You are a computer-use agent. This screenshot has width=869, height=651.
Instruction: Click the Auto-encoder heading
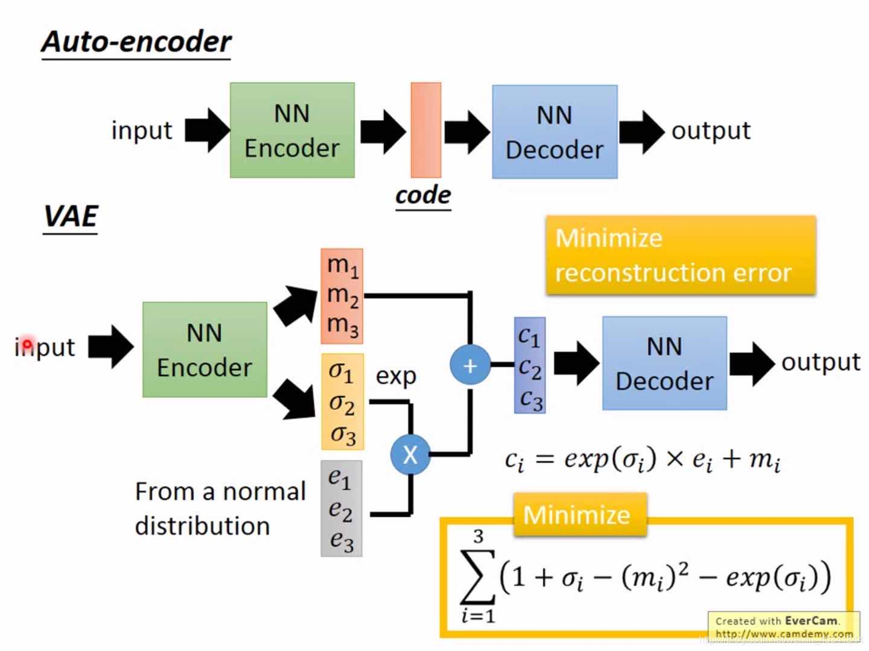[136, 42]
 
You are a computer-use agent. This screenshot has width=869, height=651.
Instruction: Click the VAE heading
[71, 216]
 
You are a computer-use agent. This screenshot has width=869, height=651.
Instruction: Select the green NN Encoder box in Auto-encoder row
[292, 130]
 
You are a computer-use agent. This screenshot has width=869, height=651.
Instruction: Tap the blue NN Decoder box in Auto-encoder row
[555, 132]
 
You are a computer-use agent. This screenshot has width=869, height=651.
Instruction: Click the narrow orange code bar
[426, 130]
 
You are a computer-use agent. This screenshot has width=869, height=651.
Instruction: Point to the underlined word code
[423, 195]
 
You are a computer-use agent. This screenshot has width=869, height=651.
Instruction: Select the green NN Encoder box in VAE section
[205, 350]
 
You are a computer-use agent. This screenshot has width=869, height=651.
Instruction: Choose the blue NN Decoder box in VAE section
[664, 363]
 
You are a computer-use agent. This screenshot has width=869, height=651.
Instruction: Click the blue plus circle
[470, 365]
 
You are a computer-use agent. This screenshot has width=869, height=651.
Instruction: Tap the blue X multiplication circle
[410, 454]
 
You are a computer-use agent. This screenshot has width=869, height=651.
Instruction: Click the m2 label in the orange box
[342, 295]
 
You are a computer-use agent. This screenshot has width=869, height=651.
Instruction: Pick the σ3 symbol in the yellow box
[343, 435]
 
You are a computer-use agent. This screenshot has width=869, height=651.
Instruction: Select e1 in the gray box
[340, 479]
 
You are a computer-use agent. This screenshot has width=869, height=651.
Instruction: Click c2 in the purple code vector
[530, 367]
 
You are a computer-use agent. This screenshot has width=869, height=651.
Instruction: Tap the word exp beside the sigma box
[396, 376]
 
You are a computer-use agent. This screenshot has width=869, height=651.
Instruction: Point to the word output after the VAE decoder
[821, 362]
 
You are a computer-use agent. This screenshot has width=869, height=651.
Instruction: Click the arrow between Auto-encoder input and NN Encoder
[207, 130]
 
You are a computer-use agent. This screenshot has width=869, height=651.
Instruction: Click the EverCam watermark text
[810, 620]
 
